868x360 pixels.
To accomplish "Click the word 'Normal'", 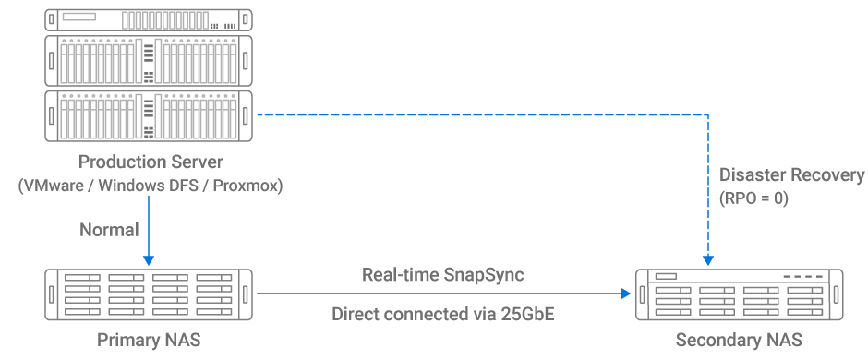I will click(109, 229).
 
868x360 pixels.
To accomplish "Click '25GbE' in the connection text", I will click(528, 315).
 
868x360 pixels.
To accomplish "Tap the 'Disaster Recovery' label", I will click(791, 175).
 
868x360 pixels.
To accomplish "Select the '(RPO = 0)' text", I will click(753, 198).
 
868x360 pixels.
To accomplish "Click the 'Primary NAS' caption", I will click(149, 341).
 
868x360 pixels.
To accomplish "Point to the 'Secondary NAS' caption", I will click(739, 341).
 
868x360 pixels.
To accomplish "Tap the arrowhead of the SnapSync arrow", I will click(625, 294).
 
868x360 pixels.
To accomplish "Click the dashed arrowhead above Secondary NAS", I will click(707, 258).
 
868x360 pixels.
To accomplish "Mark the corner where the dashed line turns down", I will click(707, 114).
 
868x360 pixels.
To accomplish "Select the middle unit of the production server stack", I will click(149, 60).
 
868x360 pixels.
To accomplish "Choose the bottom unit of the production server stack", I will click(149, 114).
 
